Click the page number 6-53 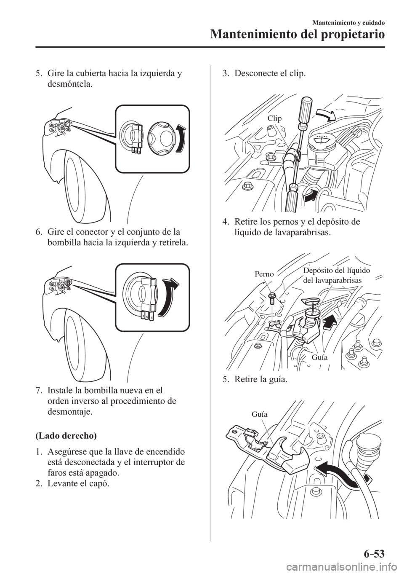coord(374,552)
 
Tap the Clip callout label coord(274,119)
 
